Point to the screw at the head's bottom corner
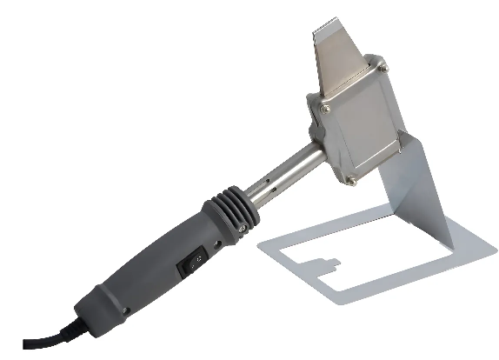pos(350,180)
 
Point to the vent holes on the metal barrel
pos(269,185)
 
